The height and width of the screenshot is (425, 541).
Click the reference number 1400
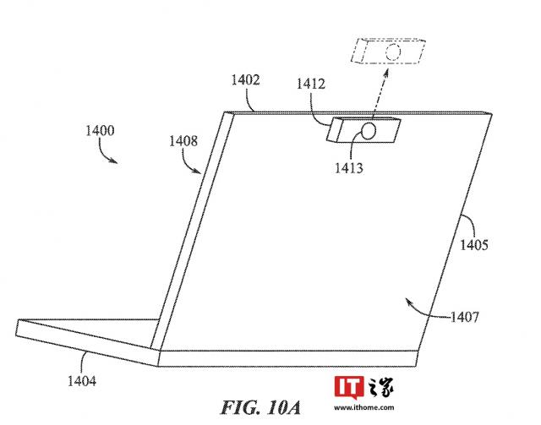(100, 131)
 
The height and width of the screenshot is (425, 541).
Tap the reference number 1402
(245, 80)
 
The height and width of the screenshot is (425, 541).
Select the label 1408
(183, 141)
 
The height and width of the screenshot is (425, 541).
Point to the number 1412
(311, 84)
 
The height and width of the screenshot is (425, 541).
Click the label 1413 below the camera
(349, 167)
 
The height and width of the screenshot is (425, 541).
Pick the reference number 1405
(474, 245)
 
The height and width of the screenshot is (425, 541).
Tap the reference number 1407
(465, 317)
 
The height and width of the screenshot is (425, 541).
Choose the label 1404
(82, 381)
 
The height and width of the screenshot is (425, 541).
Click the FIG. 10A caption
(260, 407)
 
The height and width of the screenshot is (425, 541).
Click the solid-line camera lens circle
(369, 131)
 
